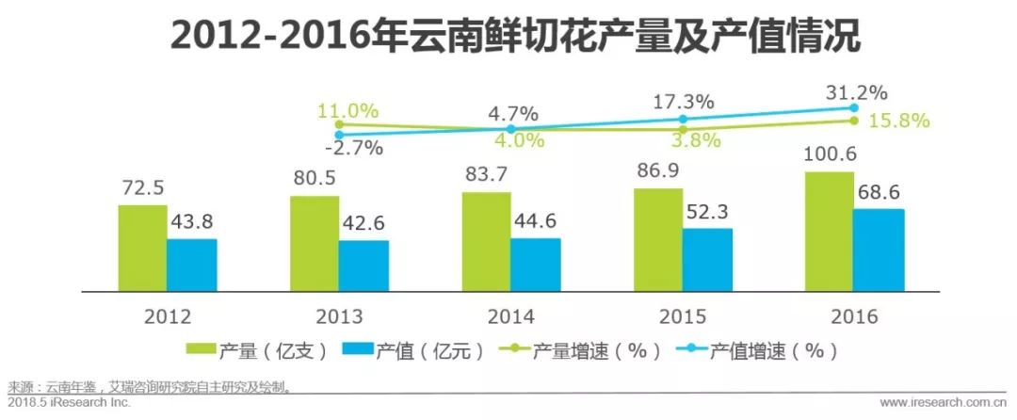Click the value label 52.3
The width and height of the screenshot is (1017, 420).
pyautogui.click(x=707, y=214)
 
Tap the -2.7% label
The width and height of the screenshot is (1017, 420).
pyautogui.click(x=348, y=148)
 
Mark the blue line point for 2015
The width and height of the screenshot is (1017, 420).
pyautogui.click(x=683, y=119)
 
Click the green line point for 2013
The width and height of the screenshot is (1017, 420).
pyautogui.click(x=339, y=123)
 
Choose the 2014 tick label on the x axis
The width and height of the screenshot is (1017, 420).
pyautogui.click(x=510, y=316)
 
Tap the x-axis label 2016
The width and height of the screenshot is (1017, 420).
pyautogui.click(x=854, y=316)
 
